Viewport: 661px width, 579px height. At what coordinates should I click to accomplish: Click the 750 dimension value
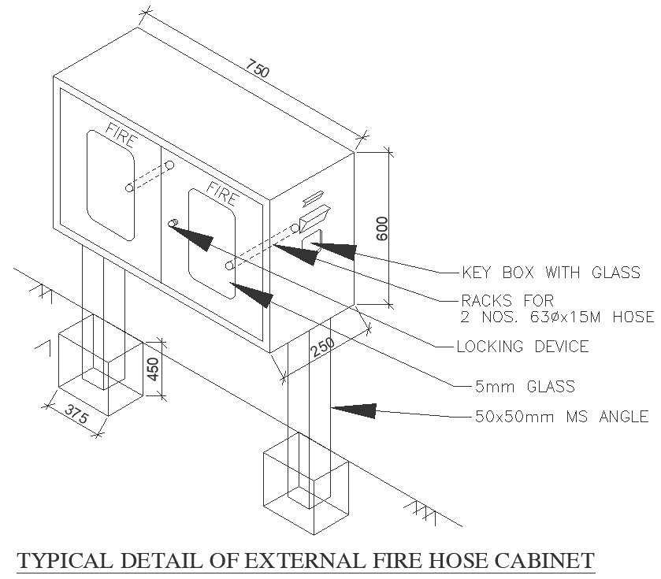pyautogui.click(x=259, y=69)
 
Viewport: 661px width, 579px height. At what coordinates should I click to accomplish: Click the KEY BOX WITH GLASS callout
pyautogui.click(x=550, y=273)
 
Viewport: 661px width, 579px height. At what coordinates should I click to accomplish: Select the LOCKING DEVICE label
pyautogui.click(x=522, y=346)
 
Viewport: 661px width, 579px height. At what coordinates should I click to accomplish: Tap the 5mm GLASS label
pyautogui.click(x=524, y=386)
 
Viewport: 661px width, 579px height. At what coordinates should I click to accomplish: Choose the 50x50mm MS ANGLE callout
pyautogui.click(x=562, y=417)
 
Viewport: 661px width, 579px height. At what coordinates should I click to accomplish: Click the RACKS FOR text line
pyautogui.click(x=507, y=300)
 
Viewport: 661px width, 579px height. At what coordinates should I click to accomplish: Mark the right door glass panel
pyautogui.click(x=210, y=244)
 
